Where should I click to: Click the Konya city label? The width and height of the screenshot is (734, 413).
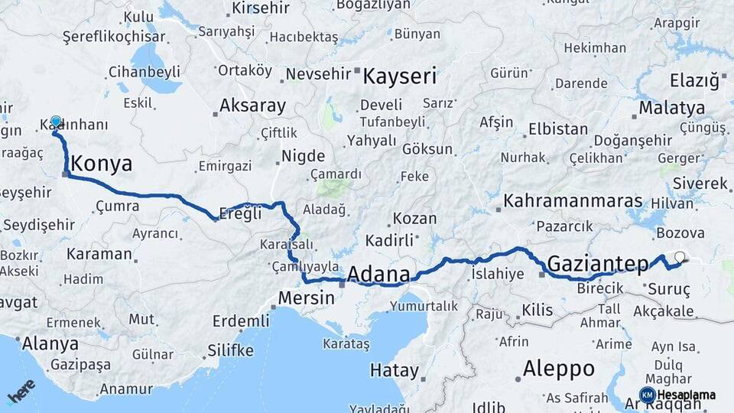point(101,164)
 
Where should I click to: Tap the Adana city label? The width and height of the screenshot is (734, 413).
point(378,274)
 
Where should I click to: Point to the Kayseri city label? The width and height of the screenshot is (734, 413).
point(399,76)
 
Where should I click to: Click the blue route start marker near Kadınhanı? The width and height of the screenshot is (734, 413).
point(56,122)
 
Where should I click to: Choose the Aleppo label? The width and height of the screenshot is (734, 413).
point(559,369)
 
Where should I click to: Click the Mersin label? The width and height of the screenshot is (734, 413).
point(306,297)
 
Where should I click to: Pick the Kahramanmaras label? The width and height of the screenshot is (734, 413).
point(573,201)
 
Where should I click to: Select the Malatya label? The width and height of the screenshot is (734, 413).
point(671,107)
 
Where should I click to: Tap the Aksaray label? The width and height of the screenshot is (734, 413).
point(252,106)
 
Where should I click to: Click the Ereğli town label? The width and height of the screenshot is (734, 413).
point(240,214)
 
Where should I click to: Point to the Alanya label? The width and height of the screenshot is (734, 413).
point(50,343)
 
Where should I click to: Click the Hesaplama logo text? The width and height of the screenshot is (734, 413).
point(685,395)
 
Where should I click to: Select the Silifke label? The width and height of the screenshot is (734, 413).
point(230,351)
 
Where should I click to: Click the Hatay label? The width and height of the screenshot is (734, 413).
point(395,371)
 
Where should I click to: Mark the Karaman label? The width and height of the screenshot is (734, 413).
point(99,254)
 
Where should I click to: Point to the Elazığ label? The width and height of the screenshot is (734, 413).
point(694,80)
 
